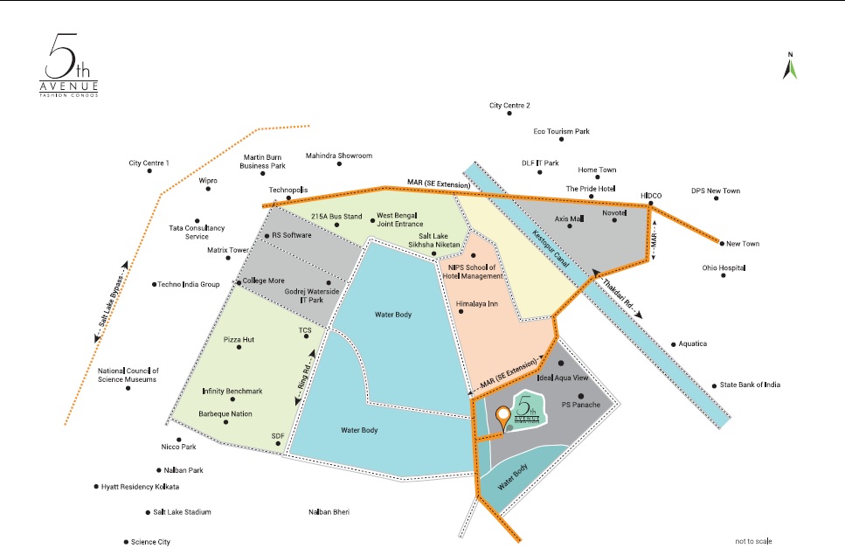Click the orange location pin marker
coord(502,417)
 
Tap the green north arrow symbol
coord(790,67)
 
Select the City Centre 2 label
coord(509,105)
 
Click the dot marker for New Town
coord(723,244)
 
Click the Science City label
coord(150,542)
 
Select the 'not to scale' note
coord(753,541)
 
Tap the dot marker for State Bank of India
coord(713,385)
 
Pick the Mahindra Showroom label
coord(338,156)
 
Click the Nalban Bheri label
coord(329,512)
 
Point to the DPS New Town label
coord(715,191)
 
